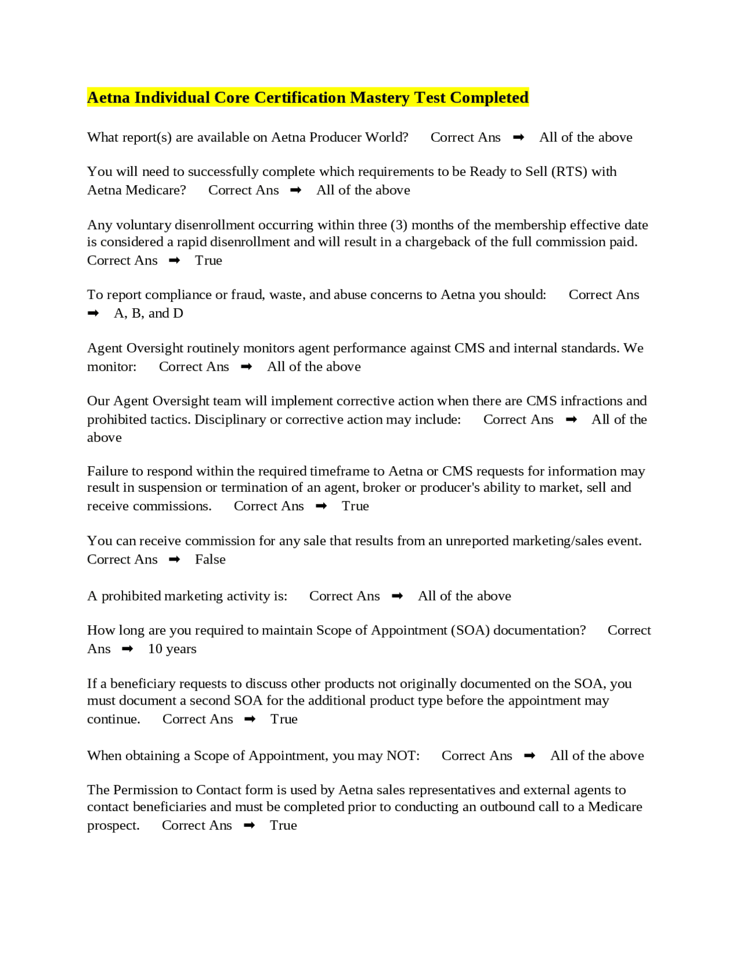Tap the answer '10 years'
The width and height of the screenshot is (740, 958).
click(172, 649)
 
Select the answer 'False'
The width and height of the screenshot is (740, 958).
click(210, 559)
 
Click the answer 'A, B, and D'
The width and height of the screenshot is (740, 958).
click(149, 314)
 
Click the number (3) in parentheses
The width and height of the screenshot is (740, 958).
click(399, 225)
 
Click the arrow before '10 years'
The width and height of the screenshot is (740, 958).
click(128, 649)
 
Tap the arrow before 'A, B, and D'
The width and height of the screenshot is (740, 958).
click(93, 314)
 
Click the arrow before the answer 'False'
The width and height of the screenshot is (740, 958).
click(175, 559)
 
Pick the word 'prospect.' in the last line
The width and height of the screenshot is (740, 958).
click(113, 826)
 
